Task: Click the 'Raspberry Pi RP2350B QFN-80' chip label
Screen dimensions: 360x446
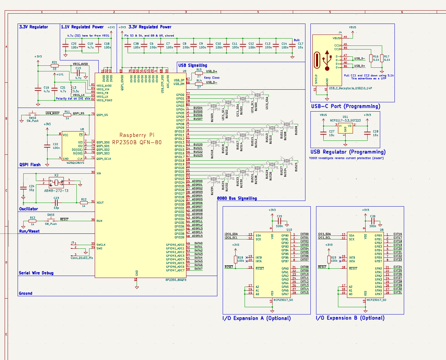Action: click(137, 139)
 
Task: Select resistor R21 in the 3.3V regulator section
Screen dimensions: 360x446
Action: click(55, 66)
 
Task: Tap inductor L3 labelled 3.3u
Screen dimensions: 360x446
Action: click(71, 89)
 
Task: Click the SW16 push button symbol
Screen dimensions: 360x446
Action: click(33, 114)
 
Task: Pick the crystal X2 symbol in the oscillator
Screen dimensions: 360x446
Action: click(56, 182)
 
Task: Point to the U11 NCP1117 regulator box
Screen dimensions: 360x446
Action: click(345, 128)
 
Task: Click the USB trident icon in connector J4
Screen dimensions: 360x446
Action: click(327, 60)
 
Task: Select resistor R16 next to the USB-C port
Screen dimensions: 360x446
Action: click(371, 58)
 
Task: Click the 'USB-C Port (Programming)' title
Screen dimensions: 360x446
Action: click(346, 106)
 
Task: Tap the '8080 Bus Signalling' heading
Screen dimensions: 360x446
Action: click(237, 198)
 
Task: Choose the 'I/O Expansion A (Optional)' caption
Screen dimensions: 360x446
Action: click(257, 318)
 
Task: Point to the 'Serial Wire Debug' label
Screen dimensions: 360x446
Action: click(36, 273)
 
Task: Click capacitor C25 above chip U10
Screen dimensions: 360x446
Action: click(279, 221)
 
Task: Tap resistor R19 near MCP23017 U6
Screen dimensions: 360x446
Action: click(329, 259)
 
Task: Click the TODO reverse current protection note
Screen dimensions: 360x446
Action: click(346, 158)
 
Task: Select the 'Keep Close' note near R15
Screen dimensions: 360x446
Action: click(212, 78)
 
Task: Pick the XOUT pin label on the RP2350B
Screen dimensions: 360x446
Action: click(100, 203)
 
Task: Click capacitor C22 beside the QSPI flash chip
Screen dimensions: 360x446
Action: click(47, 146)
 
